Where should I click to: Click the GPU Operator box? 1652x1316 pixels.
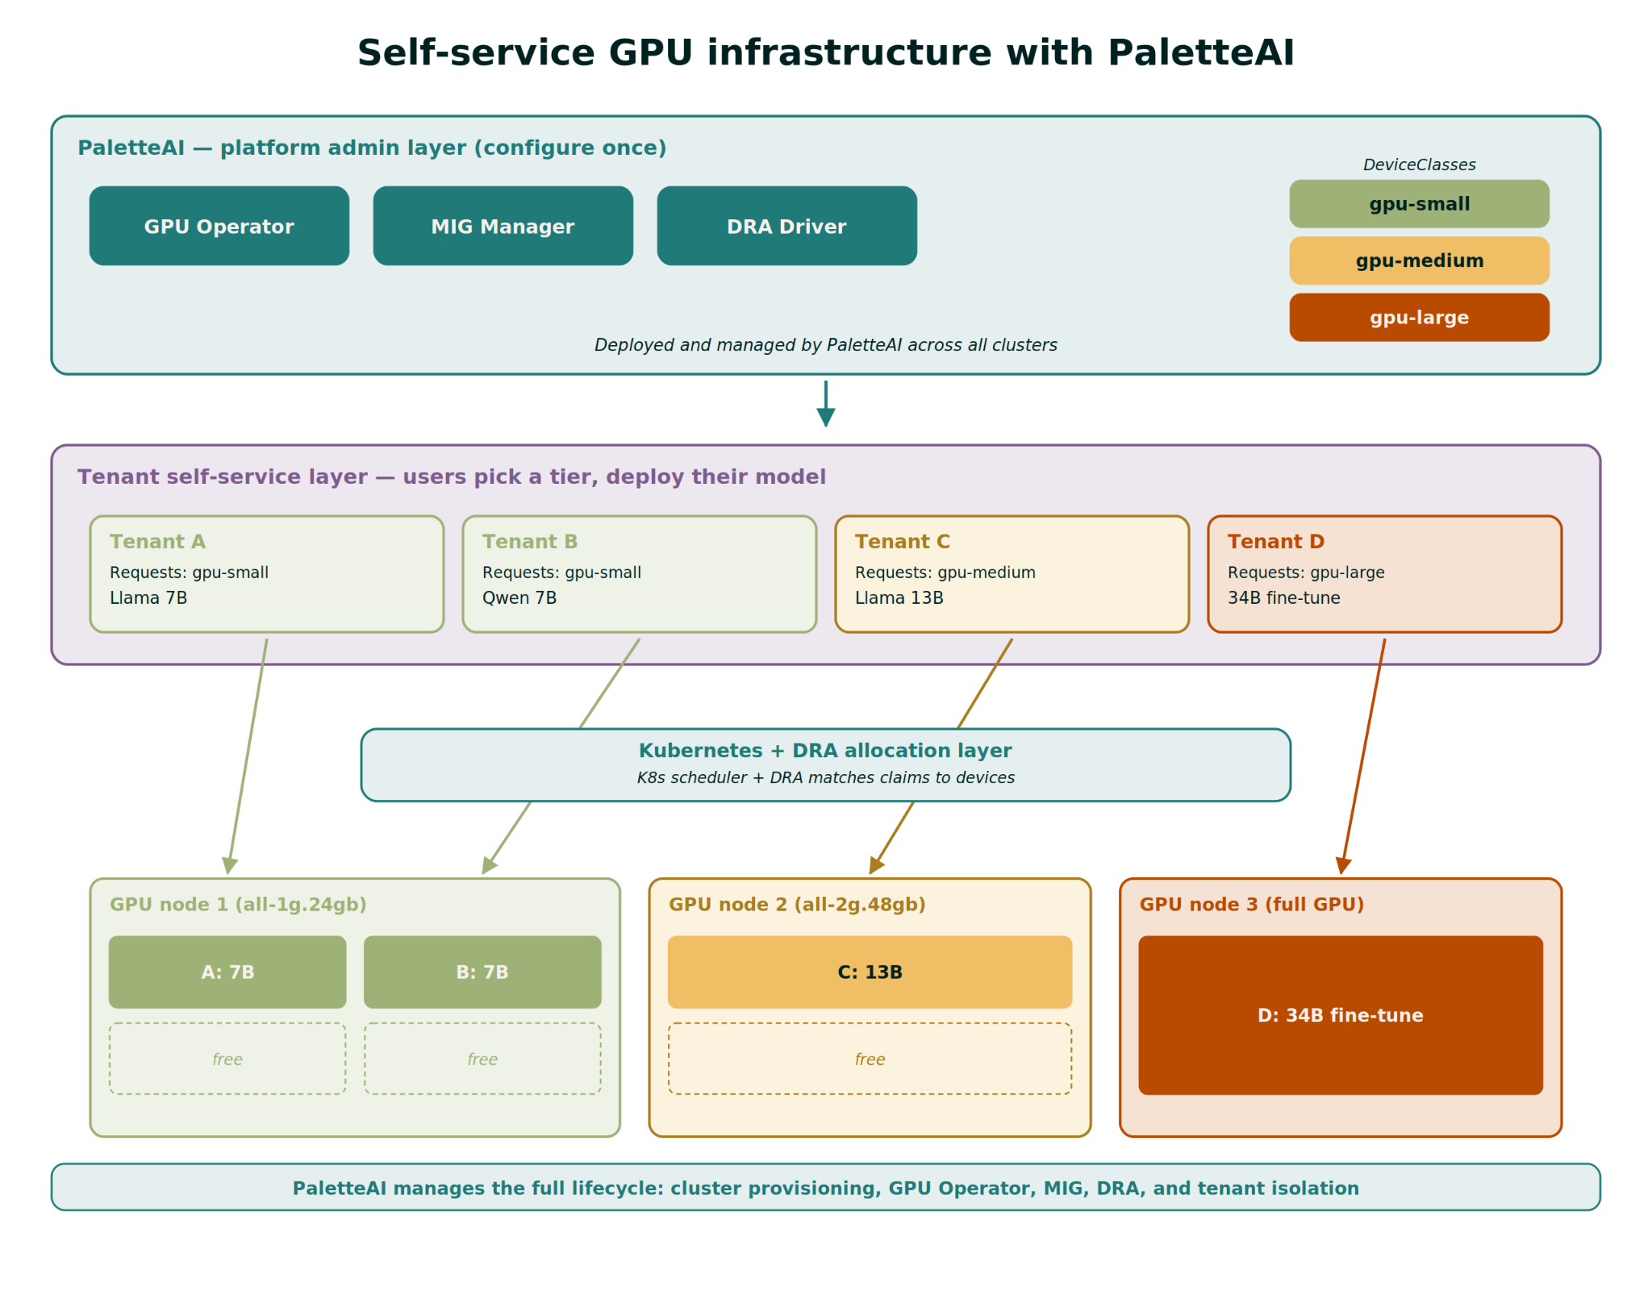coord(219,226)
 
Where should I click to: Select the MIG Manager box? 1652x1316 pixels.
coord(503,226)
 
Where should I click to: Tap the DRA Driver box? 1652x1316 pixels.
coord(787,226)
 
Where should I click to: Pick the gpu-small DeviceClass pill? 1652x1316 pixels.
coord(1420,204)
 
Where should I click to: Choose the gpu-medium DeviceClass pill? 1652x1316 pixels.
coord(1420,260)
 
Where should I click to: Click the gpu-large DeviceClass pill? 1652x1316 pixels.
coord(1420,317)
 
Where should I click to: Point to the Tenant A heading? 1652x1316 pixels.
coord(158,542)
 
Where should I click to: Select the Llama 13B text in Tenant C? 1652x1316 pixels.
coord(899,598)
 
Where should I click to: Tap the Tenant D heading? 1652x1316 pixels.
coord(1276,542)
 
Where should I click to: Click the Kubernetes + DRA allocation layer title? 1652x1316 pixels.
coord(825,751)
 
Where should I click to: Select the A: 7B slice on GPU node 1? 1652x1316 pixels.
coord(227,972)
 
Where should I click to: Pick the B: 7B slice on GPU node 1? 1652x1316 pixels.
coord(482,972)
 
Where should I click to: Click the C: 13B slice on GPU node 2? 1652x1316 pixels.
coord(870,972)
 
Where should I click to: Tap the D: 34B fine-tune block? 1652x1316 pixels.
coord(1341,1015)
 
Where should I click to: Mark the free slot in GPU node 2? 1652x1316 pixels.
coord(870,1059)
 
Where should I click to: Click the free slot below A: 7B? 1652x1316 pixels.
coord(227,1059)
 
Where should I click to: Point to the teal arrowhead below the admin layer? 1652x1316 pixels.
coord(826,417)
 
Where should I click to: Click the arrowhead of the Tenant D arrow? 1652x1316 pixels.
coord(1343,866)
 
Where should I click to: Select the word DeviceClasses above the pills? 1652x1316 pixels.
coord(1420,164)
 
